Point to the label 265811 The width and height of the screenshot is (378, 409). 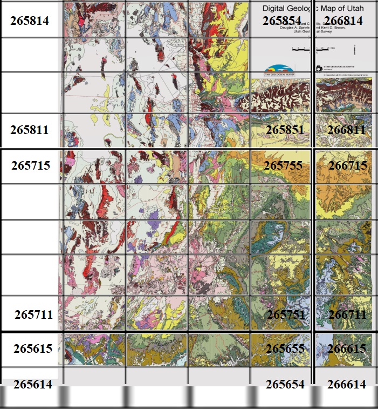point(30,130)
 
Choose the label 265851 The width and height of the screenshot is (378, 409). point(285,130)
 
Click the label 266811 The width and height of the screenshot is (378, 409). point(346,130)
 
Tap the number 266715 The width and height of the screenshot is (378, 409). point(347,165)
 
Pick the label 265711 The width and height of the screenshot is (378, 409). point(33,314)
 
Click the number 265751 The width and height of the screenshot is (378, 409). point(286,314)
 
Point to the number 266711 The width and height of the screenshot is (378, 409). point(347,314)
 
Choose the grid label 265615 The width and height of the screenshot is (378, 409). point(33,349)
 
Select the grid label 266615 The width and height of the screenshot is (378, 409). point(347,349)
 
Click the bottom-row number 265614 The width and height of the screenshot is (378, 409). point(33,384)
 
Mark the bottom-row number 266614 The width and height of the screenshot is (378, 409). point(347,384)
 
